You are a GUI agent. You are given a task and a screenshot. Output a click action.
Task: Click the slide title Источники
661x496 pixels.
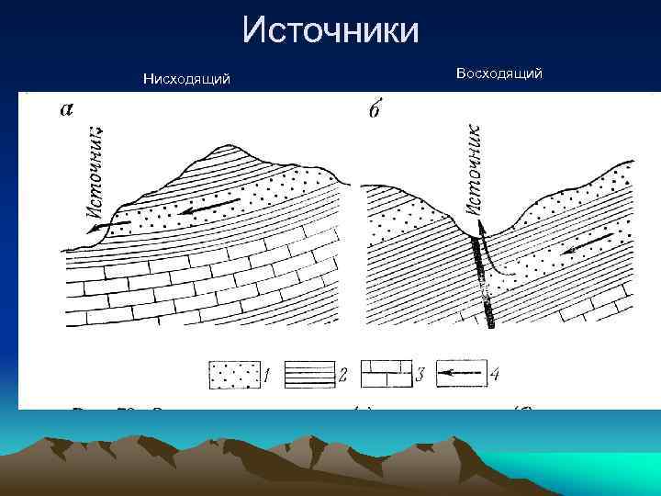pos(330,30)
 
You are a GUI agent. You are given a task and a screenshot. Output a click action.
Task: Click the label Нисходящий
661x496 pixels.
pos(186,80)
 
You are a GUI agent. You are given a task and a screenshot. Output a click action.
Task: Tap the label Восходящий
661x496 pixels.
pos(499,73)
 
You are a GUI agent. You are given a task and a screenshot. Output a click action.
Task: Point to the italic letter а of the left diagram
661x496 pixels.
pos(67,109)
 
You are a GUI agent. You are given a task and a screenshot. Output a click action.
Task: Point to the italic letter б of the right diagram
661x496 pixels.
pos(375,109)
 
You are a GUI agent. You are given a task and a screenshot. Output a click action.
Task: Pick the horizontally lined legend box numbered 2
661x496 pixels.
pos(308,375)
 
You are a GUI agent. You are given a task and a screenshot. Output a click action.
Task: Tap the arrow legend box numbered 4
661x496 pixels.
pos(460,375)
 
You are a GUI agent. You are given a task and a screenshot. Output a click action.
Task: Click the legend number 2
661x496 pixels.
pos(342,375)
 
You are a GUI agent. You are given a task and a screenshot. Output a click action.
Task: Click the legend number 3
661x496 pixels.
pos(420,375)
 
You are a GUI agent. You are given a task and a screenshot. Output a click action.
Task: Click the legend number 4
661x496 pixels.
pos(495,375)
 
